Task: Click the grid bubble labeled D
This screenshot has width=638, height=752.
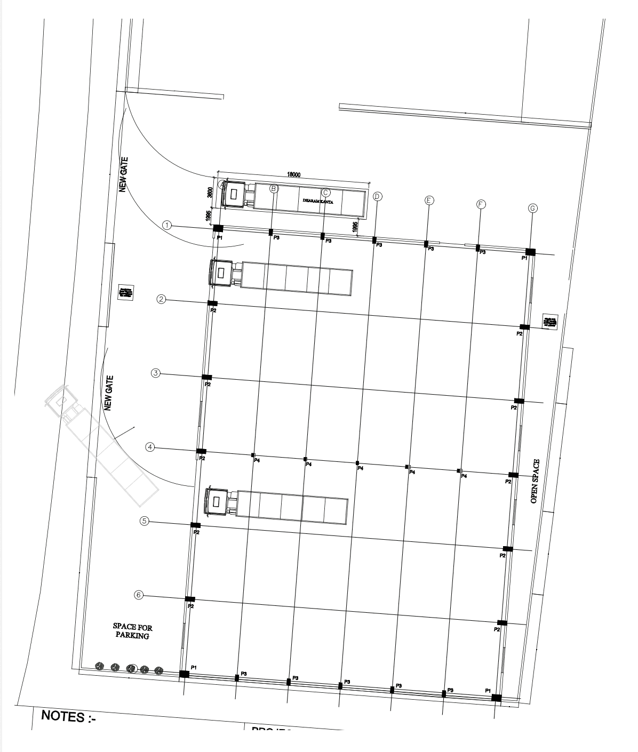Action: point(377,196)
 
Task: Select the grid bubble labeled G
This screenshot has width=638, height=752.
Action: point(532,208)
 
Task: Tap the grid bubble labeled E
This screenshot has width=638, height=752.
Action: point(429,200)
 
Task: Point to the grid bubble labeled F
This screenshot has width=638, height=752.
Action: point(481,204)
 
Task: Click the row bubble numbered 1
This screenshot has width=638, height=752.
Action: point(168,225)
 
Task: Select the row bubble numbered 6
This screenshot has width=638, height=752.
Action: point(139,594)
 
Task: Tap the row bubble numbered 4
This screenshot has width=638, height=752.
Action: point(151,447)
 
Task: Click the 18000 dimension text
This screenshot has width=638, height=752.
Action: point(294,174)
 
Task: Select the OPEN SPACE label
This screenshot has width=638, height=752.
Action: point(536,481)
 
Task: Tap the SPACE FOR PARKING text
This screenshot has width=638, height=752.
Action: point(132,631)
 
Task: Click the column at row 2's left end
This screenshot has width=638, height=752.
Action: point(212,303)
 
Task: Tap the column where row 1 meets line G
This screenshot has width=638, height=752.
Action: point(530,252)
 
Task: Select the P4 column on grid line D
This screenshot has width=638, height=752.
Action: point(357,463)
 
